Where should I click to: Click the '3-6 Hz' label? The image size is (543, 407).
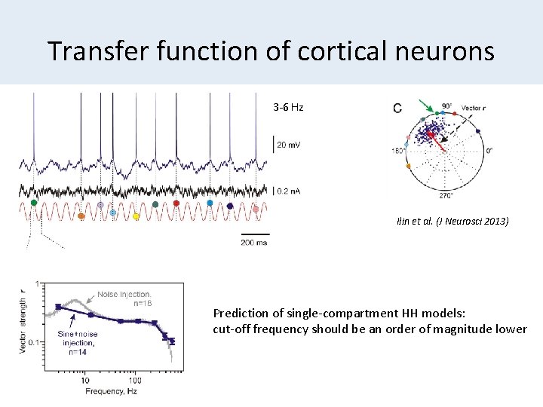(x=288, y=108)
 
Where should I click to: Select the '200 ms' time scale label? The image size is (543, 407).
(x=253, y=242)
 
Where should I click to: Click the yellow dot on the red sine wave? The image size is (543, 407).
(x=136, y=216)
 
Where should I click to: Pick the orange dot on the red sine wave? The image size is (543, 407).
(x=81, y=216)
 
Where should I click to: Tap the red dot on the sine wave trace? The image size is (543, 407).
(x=176, y=203)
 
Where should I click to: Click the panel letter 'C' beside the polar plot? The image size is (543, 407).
(x=397, y=109)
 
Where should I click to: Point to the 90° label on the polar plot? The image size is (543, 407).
(x=447, y=106)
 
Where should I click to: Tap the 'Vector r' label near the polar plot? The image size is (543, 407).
(x=473, y=109)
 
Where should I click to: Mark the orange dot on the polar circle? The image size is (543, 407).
(x=408, y=166)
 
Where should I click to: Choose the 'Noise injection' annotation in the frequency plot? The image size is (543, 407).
(x=124, y=294)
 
